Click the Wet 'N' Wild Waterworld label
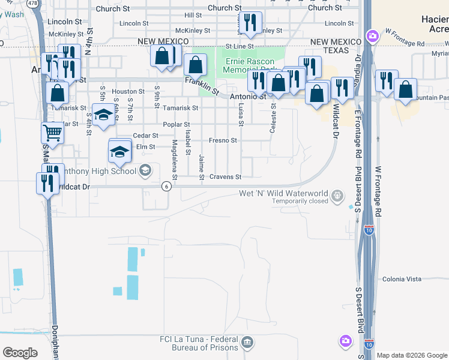[x=283, y=193]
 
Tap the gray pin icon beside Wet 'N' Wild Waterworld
[x=338, y=195]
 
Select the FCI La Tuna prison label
[x=198, y=343]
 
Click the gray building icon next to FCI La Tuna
[x=247, y=343]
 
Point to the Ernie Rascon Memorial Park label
[x=249, y=65]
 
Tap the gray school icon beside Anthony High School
[x=145, y=171]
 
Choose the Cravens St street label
[x=225, y=177]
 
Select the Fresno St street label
[x=223, y=140]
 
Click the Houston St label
[x=128, y=92]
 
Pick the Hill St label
[x=193, y=15]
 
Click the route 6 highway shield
[x=166, y=187]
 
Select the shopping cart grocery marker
[x=52, y=133]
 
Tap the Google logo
[x=20, y=353]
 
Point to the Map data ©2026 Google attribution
[x=412, y=355]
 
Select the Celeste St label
[x=273, y=117]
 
